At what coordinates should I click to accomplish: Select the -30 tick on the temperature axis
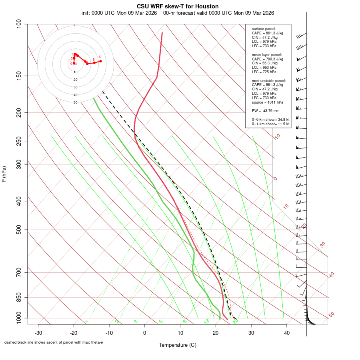(38, 333)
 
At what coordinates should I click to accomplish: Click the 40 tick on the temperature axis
(286, 333)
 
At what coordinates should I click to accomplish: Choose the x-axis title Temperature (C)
(177, 345)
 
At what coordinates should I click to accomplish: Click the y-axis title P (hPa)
(4, 174)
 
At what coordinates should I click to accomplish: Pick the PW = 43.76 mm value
(265, 110)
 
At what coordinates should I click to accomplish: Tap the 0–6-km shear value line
(270, 119)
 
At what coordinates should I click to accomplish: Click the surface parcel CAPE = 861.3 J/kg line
(267, 33)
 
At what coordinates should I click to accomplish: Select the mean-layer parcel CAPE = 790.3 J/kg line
(267, 59)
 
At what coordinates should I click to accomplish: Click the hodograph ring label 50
(75, 102)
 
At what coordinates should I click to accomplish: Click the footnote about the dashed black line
(54, 342)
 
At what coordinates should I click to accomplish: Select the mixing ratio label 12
(207, 321)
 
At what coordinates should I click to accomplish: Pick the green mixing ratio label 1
(86, 321)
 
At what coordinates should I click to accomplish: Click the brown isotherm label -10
(277, 137)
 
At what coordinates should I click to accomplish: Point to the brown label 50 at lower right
(331, 315)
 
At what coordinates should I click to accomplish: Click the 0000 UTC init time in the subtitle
(104, 13)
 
